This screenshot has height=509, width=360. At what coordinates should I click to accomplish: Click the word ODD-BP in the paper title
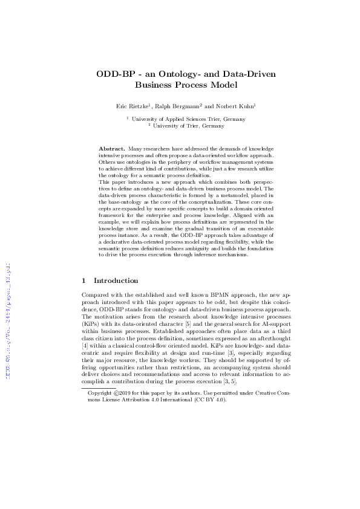click(114, 74)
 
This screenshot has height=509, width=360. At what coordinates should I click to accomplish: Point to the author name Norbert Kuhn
click(234, 106)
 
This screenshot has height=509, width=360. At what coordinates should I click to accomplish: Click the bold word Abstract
click(112, 148)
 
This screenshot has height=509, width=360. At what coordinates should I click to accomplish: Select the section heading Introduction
click(116, 280)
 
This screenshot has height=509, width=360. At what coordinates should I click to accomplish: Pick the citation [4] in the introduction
click(83, 345)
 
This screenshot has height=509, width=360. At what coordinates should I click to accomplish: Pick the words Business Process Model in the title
click(186, 85)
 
